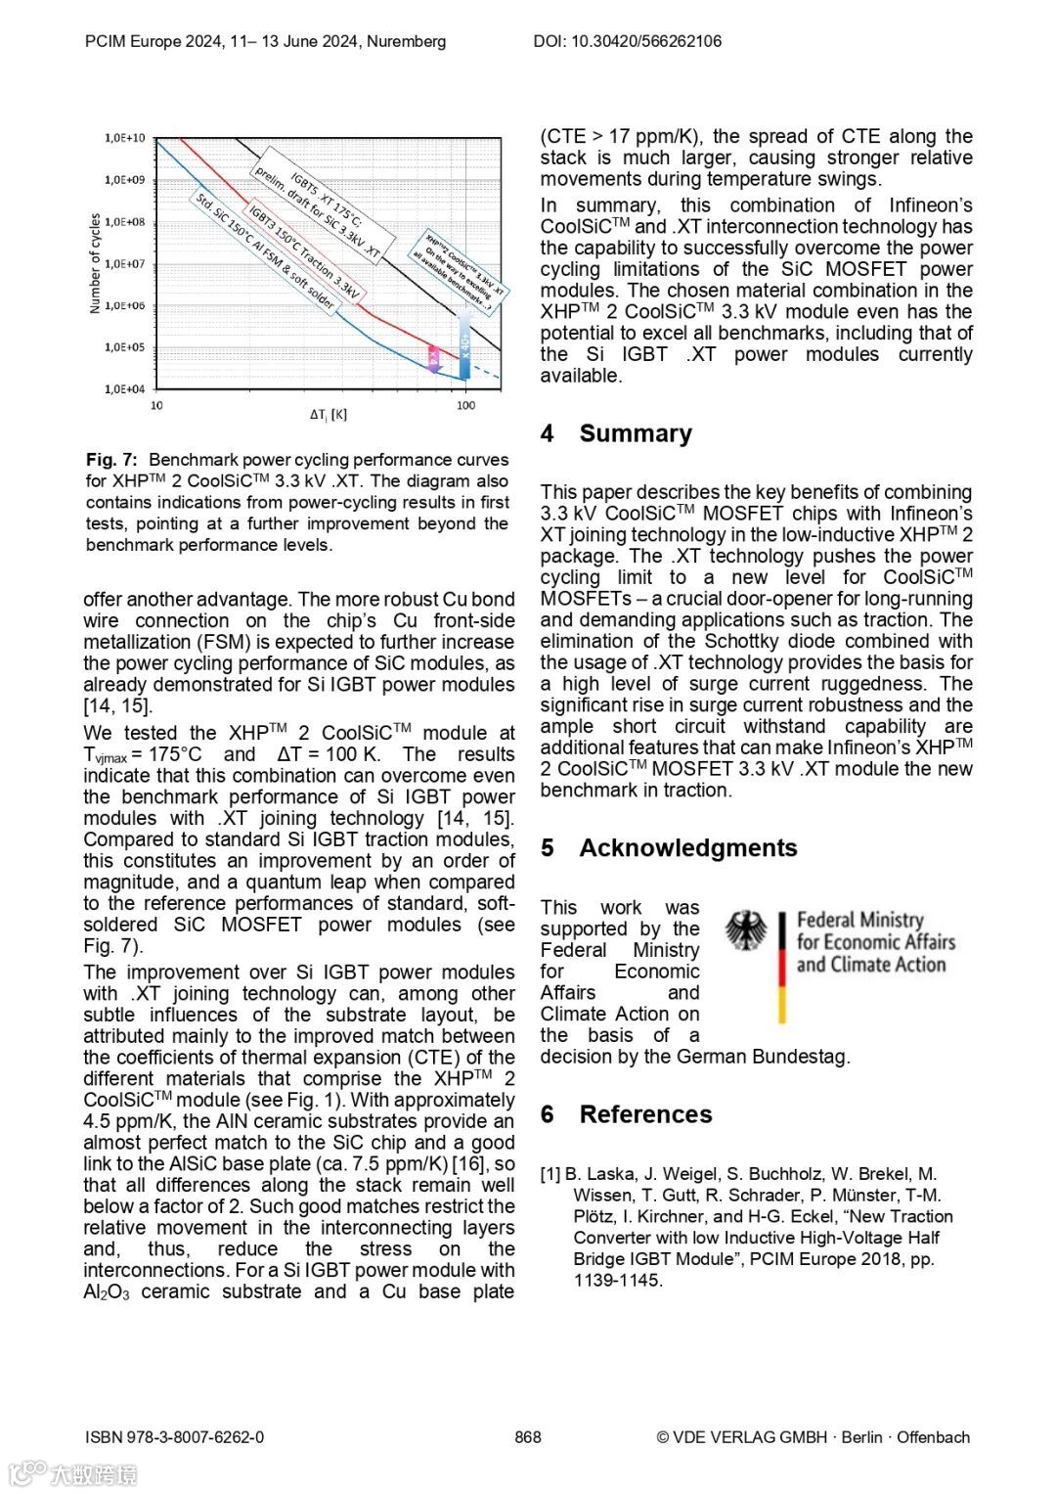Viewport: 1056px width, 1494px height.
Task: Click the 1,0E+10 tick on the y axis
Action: pyautogui.click(x=125, y=138)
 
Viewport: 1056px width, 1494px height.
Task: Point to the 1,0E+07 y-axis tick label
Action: pyautogui.click(x=125, y=263)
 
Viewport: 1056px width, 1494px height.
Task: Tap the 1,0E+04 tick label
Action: pyautogui.click(x=125, y=389)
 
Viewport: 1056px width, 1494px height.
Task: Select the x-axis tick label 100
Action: pyautogui.click(x=465, y=405)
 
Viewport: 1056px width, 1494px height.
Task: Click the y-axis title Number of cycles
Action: pyautogui.click(x=95, y=263)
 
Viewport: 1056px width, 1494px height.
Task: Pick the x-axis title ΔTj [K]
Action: pyautogui.click(x=329, y=415)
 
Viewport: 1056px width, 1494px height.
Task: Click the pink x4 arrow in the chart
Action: pyautogui.click(x=433, y=358)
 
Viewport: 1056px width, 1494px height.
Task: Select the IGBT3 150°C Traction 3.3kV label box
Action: pyautogui.click(x=303, y=251)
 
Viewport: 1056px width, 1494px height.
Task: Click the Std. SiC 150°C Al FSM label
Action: pyautogui.click(x=264, y=251)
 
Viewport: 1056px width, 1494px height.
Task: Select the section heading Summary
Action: pyautogui.click(x=636, y=433)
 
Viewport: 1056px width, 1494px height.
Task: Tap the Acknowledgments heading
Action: pyautogui.click(x=687, y=848)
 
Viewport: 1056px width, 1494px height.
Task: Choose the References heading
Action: pyautogui.click(x=645, y=1114)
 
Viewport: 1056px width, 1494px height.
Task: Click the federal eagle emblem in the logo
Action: pyautogui.click(x=746, y=930)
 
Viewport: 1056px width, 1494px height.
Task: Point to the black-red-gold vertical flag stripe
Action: pyautogui.click(x=782, y=968)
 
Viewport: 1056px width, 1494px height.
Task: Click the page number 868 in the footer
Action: pyautogui.click(x=528, y=1437)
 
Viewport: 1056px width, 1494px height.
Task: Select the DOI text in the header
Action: pyautogui.click(x=627, y=41)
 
